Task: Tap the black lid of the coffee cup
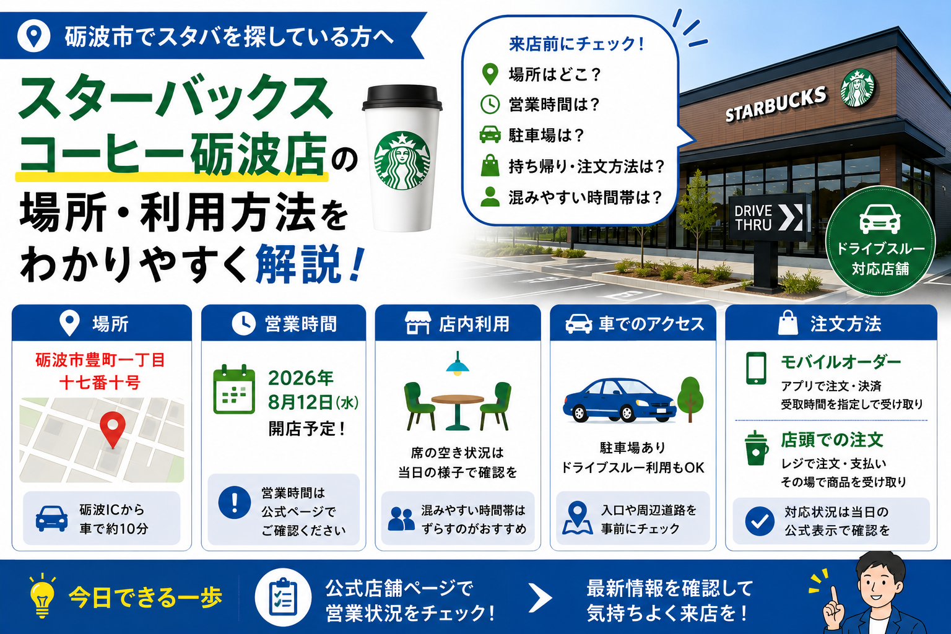(x=402, y=98)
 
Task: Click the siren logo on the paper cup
(x=402, y=160)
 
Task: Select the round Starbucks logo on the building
(x=858, y=88)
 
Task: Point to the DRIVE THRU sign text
(x=753, y=217)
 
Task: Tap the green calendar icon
(x=234, y=389)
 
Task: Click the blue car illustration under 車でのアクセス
(x=619, y=400)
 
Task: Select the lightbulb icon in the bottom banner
(x=41, y=596)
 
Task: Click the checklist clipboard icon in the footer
(x=283, y=597)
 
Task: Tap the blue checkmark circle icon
(x=760, y=521)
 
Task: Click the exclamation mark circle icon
(x=235, y=502)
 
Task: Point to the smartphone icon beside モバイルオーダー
(x=756, y=368)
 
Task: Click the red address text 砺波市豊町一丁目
(x=100, y=360)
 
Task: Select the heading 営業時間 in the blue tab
(x=301, y=324)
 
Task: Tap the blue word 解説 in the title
(x=298, y=264)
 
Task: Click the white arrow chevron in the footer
(x=541, y=597)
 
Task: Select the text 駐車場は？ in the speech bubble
(x=547, y=136)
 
